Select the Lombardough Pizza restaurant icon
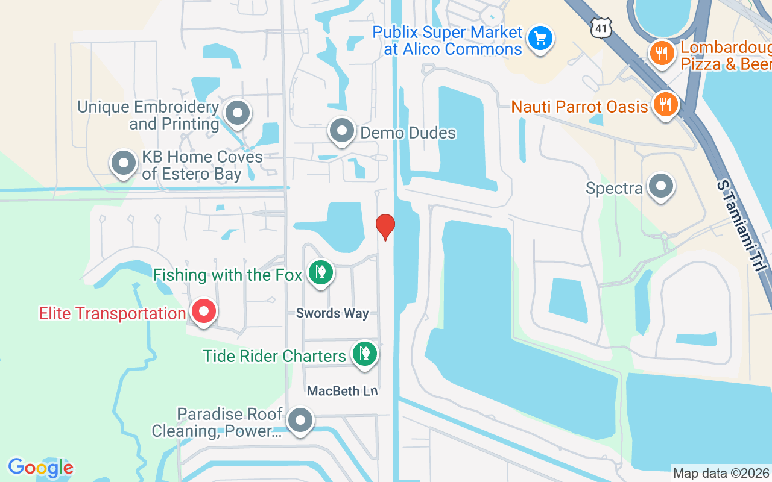662,54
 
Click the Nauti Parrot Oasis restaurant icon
665,105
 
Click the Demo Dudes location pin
343,130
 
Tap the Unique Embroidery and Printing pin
238,113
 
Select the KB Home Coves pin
124,163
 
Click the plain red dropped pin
385,226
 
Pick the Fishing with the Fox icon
321,272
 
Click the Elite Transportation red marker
204,311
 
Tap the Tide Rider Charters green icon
364,353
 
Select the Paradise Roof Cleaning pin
300,420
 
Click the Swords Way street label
332,313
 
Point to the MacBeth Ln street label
342,391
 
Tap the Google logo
40,468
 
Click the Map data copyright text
721,473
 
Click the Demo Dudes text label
408,133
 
